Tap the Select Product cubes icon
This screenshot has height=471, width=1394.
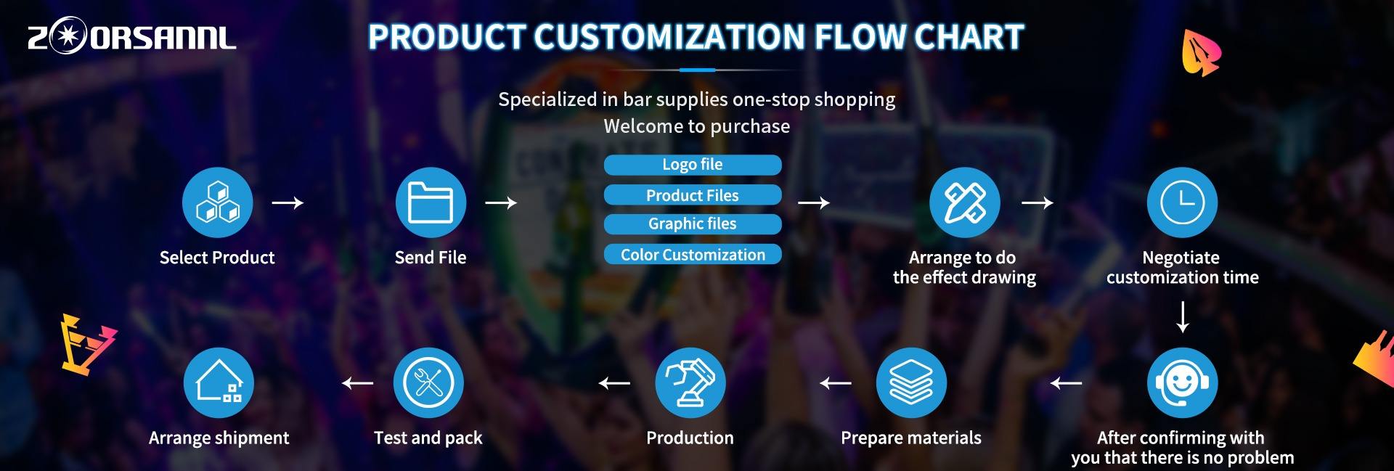pos(218,202)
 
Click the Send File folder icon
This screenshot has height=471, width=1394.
pos(431,202)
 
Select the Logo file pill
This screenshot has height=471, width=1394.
pos(693,165)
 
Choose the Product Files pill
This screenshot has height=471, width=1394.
pos(693,195)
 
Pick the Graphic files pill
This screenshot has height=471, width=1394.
pos(693,224)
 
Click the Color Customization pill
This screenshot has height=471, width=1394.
pos(693,255)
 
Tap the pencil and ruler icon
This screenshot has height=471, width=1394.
pos(965,202)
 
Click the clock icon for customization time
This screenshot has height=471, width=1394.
pos(1182,202)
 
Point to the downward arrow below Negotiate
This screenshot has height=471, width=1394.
pos(1183,317)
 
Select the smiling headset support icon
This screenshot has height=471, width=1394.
pos(1182,382)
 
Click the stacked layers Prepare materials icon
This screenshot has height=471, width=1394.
pos(911,382)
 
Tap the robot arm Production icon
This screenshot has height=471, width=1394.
pos(690,382)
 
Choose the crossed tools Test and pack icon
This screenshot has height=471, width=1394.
pos(428,382)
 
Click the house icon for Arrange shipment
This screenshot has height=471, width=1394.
pos(219,382)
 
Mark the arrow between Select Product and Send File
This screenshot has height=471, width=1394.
pos(288,202)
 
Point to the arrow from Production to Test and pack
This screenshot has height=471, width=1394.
pos(614,382)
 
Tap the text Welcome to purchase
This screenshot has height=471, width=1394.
pos(697,126)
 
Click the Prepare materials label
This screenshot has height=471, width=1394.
pos(911,438)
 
